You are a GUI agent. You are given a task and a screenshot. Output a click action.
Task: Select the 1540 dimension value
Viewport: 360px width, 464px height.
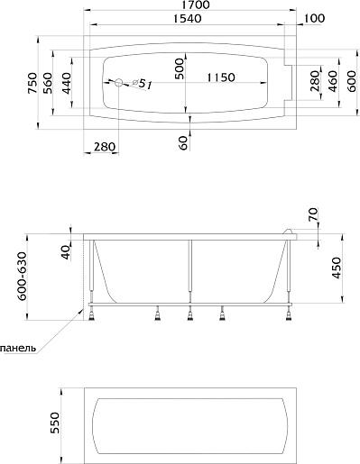(188, 19)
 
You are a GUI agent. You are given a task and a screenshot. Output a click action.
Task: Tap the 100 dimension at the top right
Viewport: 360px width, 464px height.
(315, 18)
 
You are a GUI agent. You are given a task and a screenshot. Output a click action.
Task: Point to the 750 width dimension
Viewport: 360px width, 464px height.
(32, 83)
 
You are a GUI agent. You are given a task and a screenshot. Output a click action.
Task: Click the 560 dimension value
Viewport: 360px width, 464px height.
(48, 83)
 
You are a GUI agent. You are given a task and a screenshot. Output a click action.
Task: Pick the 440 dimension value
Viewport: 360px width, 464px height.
(66, 83)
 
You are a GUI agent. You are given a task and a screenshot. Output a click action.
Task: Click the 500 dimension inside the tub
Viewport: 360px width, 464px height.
(179, 68)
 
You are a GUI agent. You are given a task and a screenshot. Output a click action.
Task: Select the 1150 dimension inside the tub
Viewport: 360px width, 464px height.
(221, 77)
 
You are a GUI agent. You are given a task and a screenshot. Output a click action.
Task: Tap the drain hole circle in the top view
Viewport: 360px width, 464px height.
(119, 83)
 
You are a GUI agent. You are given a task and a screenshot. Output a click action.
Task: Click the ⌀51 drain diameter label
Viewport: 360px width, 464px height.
(142, 84)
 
